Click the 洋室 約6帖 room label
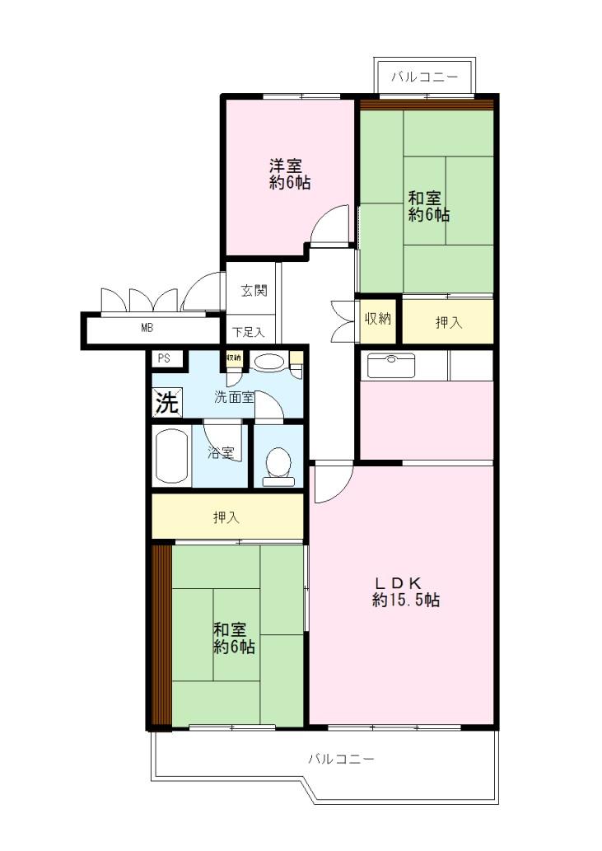(x=290, y=174)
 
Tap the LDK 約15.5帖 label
(x=405, y=591)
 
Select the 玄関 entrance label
(x=253, y=290)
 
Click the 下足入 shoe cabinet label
(x=247, y=332)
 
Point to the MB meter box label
(x=147, y=327)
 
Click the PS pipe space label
(x=164, y=358)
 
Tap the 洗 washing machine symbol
(x=166, y=404)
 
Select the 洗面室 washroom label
(x=234, y=397)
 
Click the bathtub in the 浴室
(x=170, y=457)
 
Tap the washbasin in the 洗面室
(x=268, y=362)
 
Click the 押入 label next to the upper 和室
(x=448, y=322)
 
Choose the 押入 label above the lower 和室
(x=226, y=517)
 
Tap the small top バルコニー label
(x=424, y=77)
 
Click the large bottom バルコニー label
(x=341, y=758)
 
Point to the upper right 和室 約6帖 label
(x=429, y=206)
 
